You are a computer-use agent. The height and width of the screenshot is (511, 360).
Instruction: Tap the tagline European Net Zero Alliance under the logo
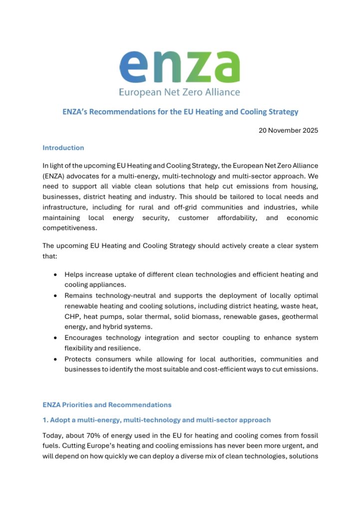click(180, 92)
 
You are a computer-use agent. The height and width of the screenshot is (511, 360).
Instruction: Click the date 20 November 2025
click(288, 131)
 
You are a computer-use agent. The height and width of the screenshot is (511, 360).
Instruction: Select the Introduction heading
click(63, 148)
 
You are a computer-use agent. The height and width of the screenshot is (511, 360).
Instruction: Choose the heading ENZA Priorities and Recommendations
click(107, 405)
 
